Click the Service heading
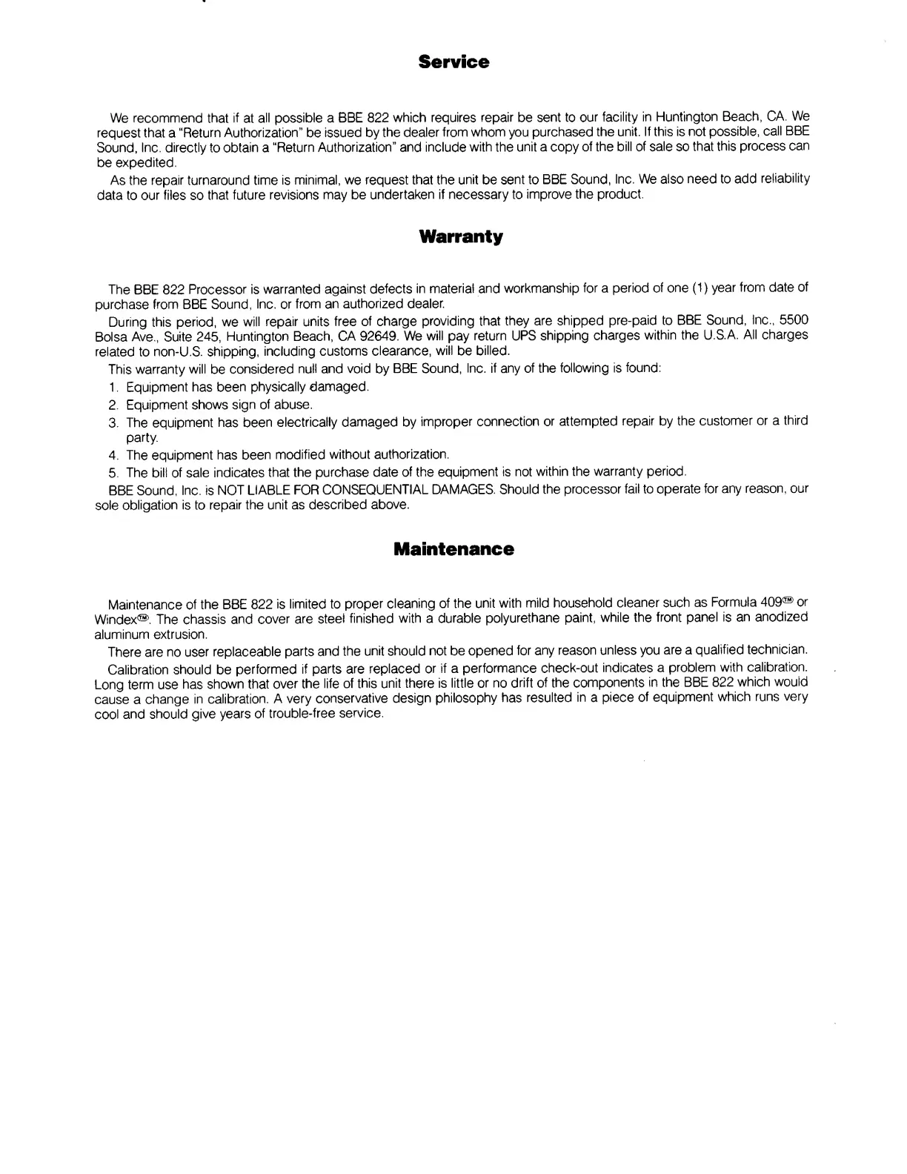coord(453,62)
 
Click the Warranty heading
coord(460,237)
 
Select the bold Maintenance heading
coord(453,549)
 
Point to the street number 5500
coord(794,319)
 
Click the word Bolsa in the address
coord(112,336)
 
